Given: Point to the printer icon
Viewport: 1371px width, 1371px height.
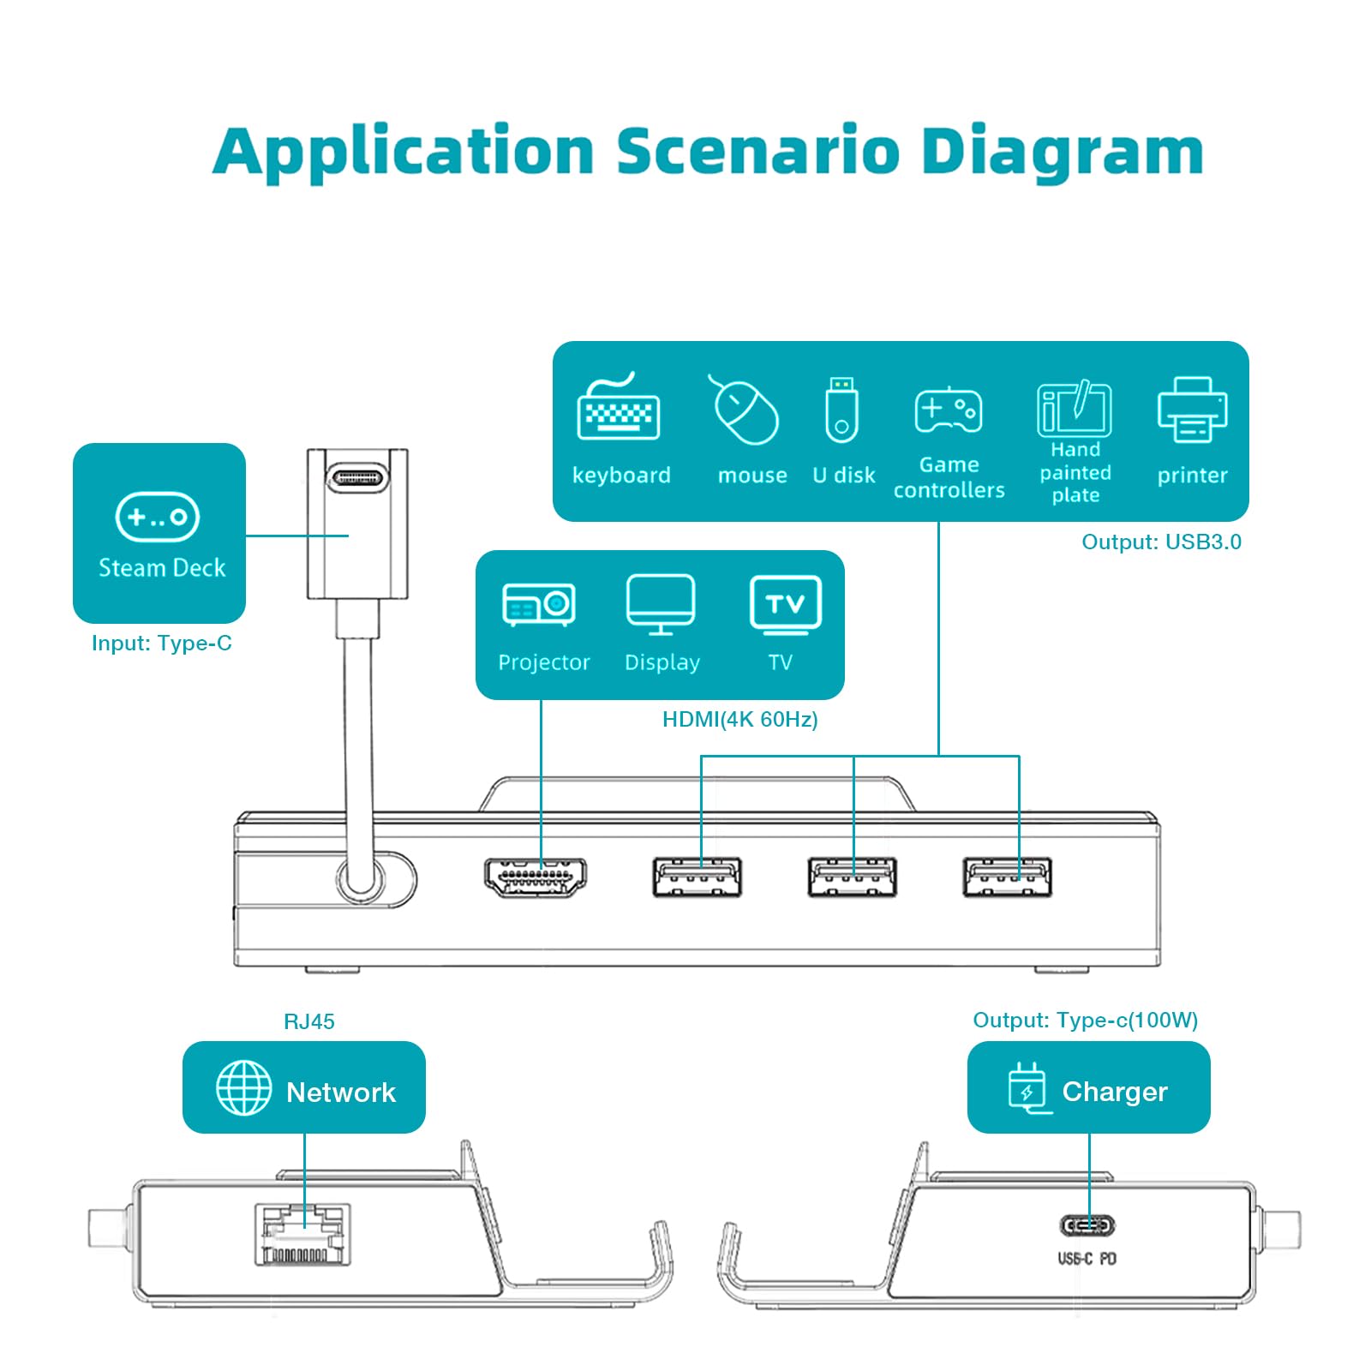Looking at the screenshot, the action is (x=1192, y=410).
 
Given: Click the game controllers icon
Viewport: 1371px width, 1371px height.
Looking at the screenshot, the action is (x=949, y=410).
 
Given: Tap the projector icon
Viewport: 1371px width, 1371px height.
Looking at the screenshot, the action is (x=538, y=605).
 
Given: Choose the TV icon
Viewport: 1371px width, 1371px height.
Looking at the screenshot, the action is (x=786, y=605).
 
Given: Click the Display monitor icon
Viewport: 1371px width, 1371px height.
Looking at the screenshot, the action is (x=661, y=605).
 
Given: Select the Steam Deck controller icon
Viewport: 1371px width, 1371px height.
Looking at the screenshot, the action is (x=158, y=517).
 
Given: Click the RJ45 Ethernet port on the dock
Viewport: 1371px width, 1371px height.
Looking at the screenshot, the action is (x=302, y=1235).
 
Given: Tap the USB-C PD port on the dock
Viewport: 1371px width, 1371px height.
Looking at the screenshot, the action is (x=1088, y=1226).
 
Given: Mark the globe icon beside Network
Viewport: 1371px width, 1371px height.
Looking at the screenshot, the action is (x=244, y=1087).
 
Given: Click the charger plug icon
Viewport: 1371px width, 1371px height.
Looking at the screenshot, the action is (x=1028, y=1088).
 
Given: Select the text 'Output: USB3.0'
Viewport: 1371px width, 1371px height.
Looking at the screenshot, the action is (x=1161, y=542).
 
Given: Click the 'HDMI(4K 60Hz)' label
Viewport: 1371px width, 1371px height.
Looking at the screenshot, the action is (x=740, y=719).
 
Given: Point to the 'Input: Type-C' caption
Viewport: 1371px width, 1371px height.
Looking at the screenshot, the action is (x=162, y=643).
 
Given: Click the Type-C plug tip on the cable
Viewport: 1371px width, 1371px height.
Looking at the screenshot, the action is (x=357, y=476).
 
